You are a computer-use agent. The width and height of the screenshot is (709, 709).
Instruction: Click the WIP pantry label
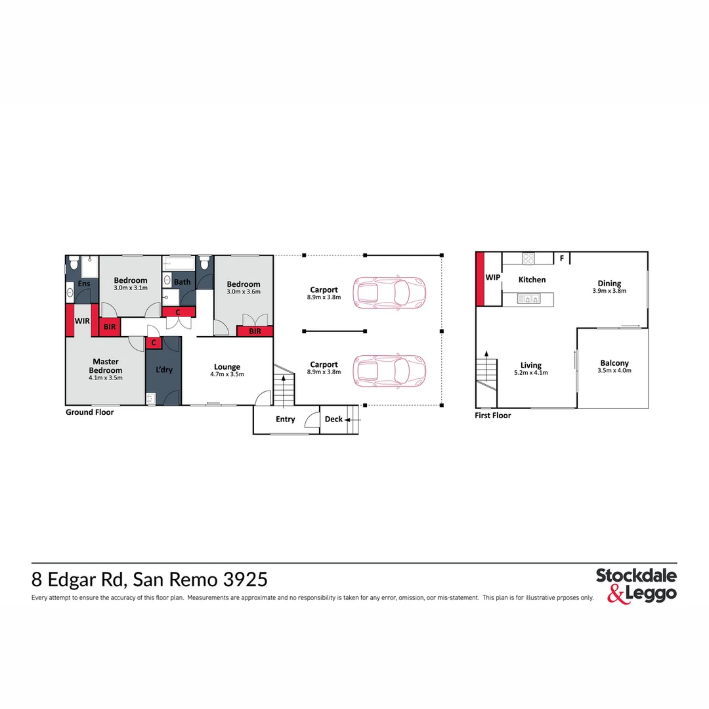click(492, 278)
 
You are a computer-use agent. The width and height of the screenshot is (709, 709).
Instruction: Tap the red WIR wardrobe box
click(82, 321)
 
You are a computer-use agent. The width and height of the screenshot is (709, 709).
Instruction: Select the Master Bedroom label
click(106, 366)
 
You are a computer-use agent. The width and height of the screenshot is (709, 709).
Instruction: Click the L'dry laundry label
click(163, 370)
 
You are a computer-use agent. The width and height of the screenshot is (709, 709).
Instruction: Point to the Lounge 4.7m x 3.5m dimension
click(227, 375)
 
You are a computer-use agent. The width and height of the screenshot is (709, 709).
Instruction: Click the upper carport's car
click(389, 291)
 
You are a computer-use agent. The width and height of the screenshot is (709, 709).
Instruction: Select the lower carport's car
click(389, 370)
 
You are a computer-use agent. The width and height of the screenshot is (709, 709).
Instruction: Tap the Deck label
click(333, 419)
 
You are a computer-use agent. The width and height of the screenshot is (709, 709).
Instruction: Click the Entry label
click(286, 419)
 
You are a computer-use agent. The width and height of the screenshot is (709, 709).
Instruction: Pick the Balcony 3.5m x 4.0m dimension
click(614, 371)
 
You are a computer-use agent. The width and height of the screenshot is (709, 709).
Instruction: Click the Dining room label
click(609, 284)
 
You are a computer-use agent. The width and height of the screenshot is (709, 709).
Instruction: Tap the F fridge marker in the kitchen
click(561, 259)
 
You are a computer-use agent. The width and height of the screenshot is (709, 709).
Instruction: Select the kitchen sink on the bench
click(528, 299)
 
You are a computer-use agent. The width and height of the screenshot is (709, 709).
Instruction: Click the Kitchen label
click(532, 280)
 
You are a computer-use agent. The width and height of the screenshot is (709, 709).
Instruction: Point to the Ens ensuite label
click(84, 284)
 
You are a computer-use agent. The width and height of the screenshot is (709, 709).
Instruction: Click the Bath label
click(183, 282)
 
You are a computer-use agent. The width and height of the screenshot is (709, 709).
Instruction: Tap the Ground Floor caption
click(89, 412)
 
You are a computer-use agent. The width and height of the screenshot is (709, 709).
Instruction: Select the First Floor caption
click(492, 416)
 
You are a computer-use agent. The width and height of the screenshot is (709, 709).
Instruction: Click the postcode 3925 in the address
click(245, 580)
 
